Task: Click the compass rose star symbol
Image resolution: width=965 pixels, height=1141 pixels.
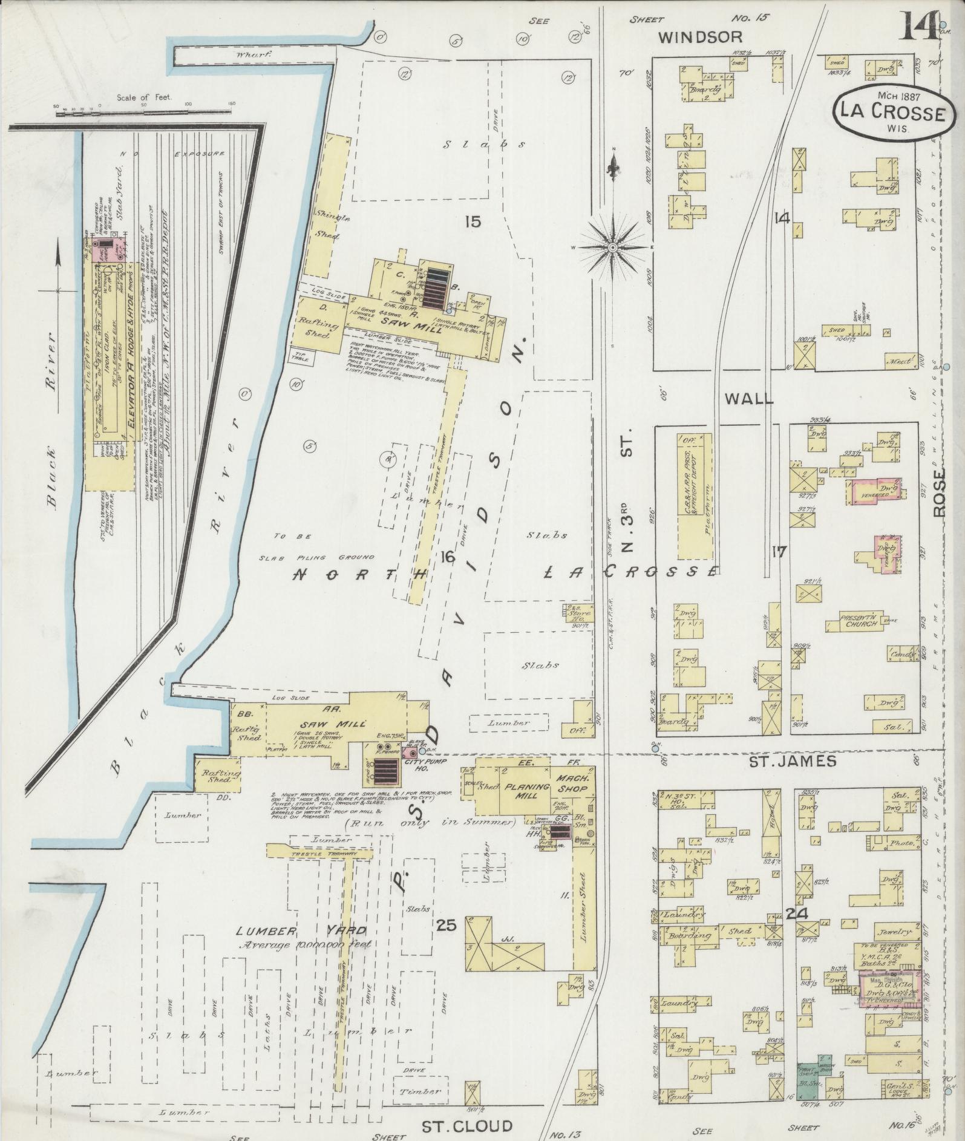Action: [613, 247]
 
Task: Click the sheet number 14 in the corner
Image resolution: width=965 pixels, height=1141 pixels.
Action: [917, 27]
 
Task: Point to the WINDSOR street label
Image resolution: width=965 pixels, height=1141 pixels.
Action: [693, 38]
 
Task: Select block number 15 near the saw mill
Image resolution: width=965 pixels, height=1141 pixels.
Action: [473, 222]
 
